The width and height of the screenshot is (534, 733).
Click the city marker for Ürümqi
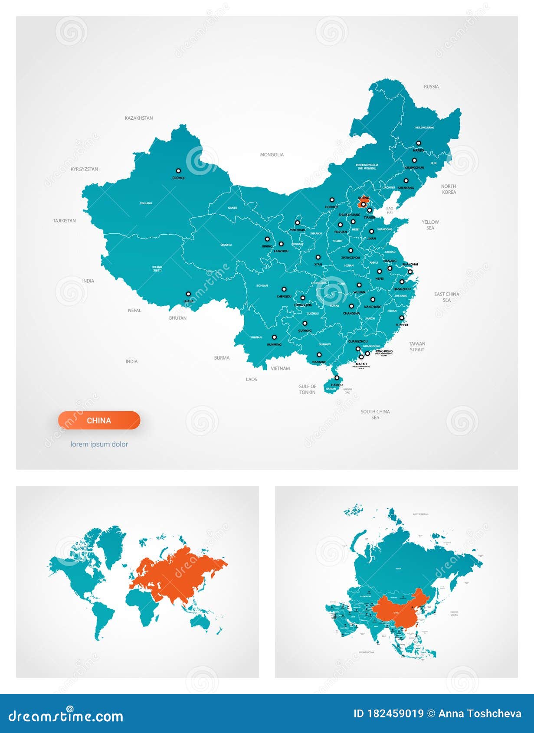point(178,171)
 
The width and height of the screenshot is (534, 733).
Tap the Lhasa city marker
point(188,294)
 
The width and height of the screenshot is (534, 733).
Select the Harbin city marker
point(419,143)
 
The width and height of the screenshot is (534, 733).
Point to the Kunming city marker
point(274,337)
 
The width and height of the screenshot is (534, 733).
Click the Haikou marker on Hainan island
point(337,378)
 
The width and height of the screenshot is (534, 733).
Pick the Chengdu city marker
point(284,289)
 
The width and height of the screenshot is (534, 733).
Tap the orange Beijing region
point(363,201)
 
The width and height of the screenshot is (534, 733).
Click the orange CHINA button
point(99,420)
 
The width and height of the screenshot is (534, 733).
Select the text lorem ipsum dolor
point(99,444)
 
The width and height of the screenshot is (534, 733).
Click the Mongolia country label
point(272,155)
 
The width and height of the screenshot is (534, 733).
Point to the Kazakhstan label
point(139,118)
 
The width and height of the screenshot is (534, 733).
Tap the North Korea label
point(449,189)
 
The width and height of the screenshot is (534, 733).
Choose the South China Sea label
point(375,415)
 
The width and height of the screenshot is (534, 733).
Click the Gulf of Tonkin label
point(307,389)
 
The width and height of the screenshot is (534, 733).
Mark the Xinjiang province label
point(146,203)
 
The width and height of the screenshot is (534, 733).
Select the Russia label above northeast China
point(431,87)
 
